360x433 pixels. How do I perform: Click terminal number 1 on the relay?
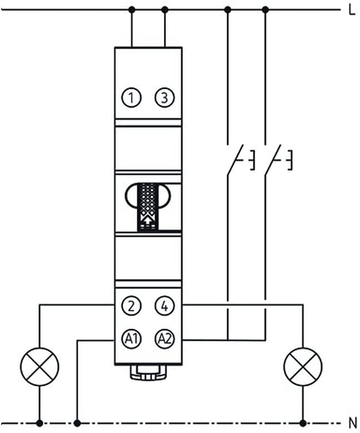[131, 98]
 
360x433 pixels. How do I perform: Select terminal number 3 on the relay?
[164, 98]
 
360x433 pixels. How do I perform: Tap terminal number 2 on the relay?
[131, 306]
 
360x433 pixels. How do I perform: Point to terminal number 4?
[164, 306]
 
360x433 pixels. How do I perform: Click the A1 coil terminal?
[131, 339]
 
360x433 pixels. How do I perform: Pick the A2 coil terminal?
[164, 339]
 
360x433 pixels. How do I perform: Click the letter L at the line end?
[352, 10]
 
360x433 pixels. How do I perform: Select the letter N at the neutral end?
[352, 423]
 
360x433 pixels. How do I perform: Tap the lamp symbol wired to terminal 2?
[39, 367]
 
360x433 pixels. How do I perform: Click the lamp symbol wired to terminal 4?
[303, 367]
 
